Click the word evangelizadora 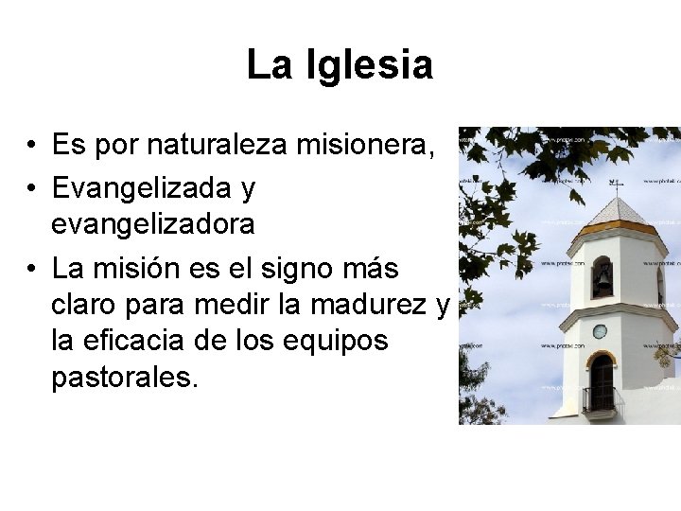pos(153,224)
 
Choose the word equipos pos(344,342)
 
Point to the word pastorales pos(126,377)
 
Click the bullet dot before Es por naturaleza pos(32,147)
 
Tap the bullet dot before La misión pos(32,270)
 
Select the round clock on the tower pos(600,331)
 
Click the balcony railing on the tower pos(600,399)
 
